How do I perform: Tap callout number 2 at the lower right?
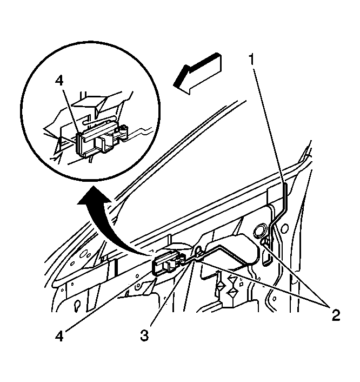click(335, 315)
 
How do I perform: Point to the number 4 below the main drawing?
click(59, 337)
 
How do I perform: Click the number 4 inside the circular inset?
click(59, 80)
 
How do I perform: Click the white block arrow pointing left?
click(198, 74)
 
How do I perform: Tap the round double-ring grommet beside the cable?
click(259, 229)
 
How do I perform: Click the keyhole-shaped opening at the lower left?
click(77, 305)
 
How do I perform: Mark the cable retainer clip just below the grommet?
click(264, 242)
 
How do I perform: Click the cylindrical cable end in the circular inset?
click(124, 132)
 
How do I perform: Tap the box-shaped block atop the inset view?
click(90, 103)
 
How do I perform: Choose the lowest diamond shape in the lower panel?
click(232, 292)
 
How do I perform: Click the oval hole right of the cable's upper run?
click(285, 228)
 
